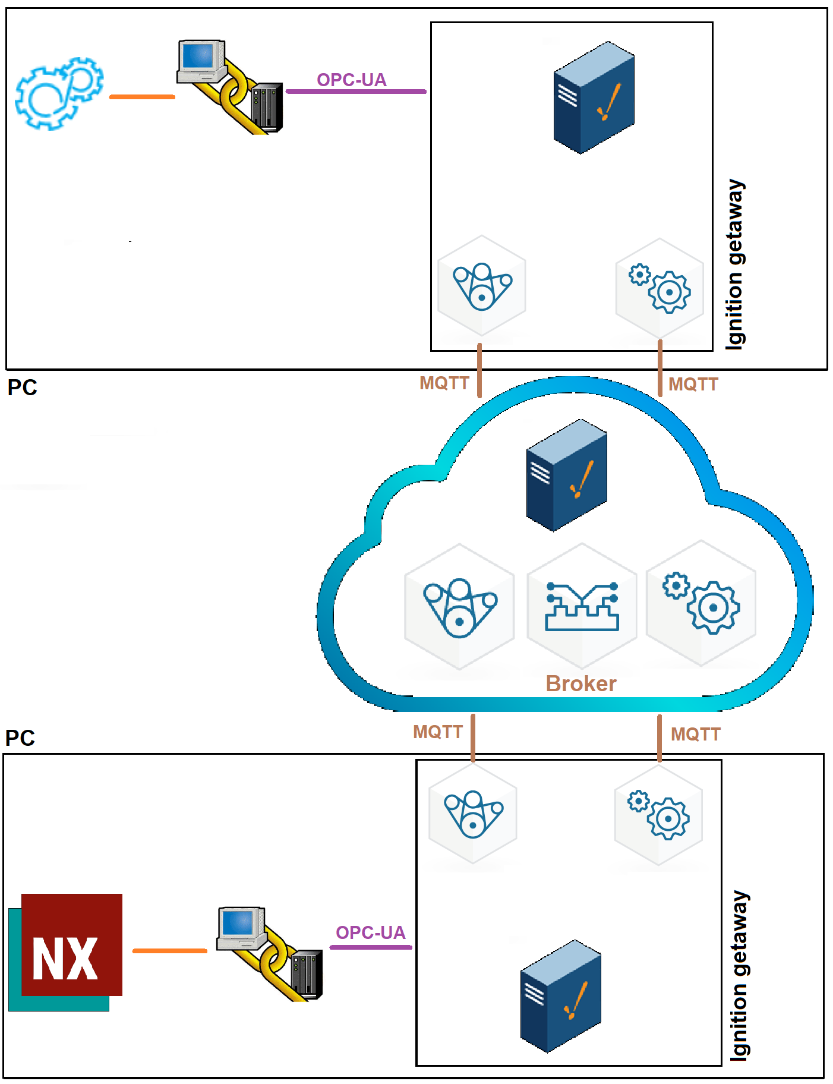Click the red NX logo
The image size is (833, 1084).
[x=71, y=945]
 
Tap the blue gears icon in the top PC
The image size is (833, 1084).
[x=59, y=93]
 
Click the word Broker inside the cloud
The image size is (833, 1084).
[x=580, y=683]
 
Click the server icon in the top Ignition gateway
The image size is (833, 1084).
[x=594, y=97]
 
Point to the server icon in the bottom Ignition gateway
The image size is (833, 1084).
[x=560, y=996]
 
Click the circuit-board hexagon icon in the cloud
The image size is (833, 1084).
[x=582, y=606]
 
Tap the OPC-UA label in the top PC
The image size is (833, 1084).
[x=351, y=80]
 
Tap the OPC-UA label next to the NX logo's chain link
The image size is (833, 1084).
[x=370, y=932]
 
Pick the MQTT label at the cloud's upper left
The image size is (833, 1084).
[x=444, y=383]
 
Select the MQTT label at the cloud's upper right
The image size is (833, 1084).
[x=693, y=384]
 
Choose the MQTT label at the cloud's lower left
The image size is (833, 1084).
[x=437, y=732]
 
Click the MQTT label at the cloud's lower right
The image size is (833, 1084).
[x=695, y=734]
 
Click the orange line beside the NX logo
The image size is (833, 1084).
[x=169, y=951]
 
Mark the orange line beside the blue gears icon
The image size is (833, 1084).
[x=142, y=97]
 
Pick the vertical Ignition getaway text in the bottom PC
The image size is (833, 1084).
[x=739, y=975]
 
